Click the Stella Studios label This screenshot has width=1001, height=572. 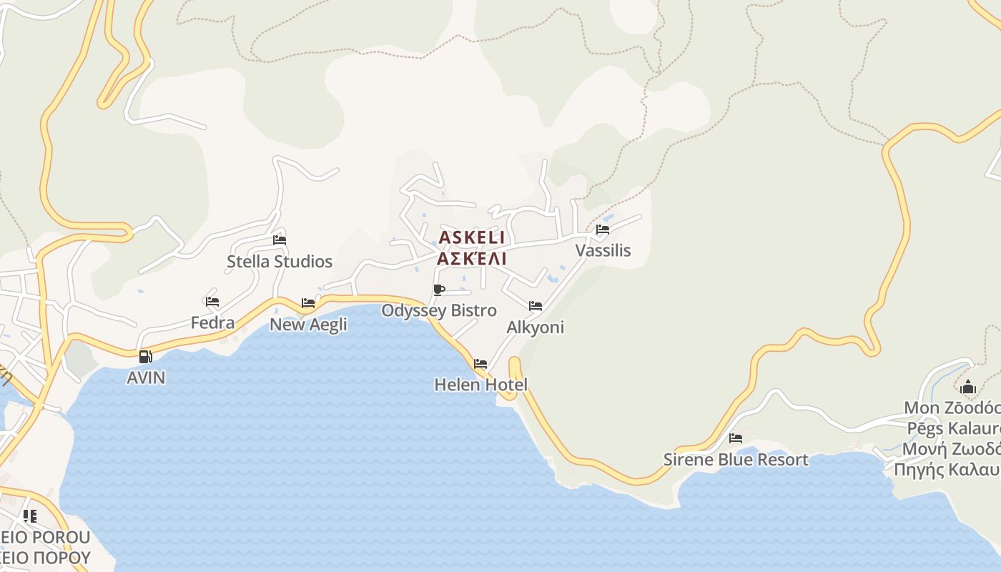280,262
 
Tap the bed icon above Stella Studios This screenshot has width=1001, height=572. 280,240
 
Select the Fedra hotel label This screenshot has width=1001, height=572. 212,322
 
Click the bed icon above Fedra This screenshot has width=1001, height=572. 212,302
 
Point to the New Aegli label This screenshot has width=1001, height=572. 308,325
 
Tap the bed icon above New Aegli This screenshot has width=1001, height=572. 308,303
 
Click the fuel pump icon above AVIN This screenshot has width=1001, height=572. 146,357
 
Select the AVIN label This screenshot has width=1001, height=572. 146,378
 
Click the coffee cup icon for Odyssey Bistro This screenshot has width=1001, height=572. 439,290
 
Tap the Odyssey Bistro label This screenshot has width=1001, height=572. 439,310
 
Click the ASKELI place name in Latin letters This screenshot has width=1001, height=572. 471,237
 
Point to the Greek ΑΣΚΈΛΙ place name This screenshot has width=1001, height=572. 471,258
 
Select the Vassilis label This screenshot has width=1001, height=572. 603,250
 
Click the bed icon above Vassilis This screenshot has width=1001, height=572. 603,230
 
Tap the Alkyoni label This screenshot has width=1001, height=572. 536,327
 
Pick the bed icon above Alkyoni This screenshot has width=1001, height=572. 536,306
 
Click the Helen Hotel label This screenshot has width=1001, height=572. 480,385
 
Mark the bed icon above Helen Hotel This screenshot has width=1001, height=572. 480,364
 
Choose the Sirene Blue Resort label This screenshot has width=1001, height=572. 736,459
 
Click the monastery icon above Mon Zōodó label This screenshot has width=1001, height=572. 968,388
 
